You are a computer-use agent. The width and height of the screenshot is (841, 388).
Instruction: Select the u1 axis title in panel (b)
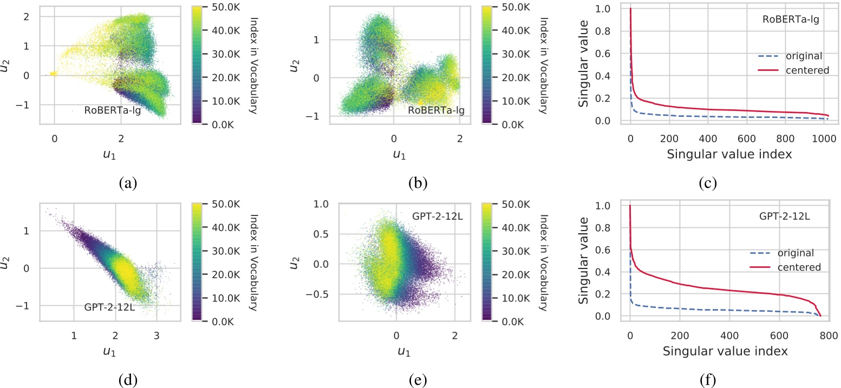coord(399,155)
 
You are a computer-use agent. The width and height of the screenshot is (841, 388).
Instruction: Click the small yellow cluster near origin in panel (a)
coord(53,74)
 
